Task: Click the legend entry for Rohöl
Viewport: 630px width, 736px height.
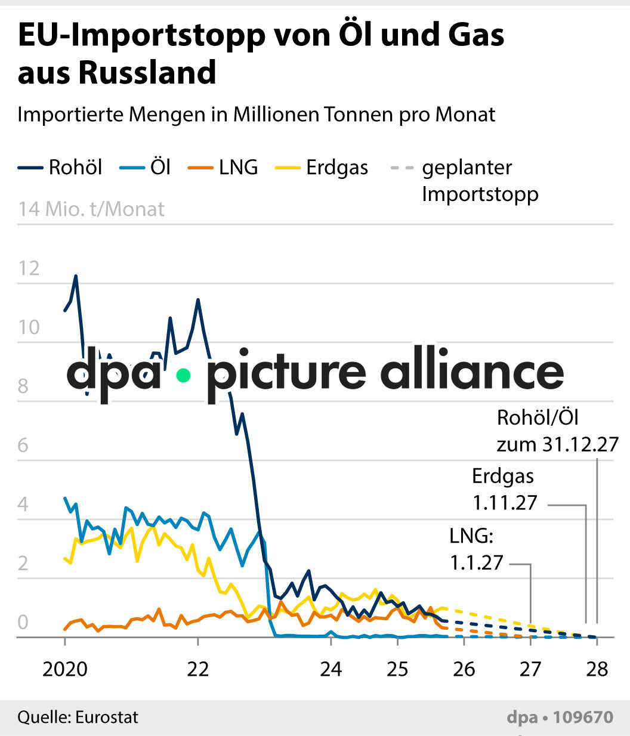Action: coord(60,168)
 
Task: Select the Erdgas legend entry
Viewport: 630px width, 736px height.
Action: coord(322,168)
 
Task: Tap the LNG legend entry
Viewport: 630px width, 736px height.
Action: coord(223,168)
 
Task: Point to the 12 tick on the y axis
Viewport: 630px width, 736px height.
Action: coord(29,268)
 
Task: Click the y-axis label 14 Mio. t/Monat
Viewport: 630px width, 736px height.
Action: coord(91,209)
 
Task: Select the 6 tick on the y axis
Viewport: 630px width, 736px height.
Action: coord(23,445)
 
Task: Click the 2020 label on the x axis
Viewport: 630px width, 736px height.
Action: coord(64,669)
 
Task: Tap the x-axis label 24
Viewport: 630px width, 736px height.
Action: coord(331,669)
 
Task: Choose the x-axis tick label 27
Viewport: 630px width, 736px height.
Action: coord(530,669)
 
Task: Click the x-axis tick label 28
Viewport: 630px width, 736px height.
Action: coord(597,669)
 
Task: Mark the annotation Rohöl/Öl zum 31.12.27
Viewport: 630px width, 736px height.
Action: coord(557,431)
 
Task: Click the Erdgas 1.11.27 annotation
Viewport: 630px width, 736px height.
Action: coord(505,490)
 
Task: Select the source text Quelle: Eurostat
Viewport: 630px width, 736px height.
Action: coord(78,716)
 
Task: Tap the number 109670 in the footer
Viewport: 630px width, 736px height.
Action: coord(583,717)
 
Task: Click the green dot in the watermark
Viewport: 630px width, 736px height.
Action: coord(183,375)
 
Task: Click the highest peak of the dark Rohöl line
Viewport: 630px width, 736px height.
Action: coord(76,276)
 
